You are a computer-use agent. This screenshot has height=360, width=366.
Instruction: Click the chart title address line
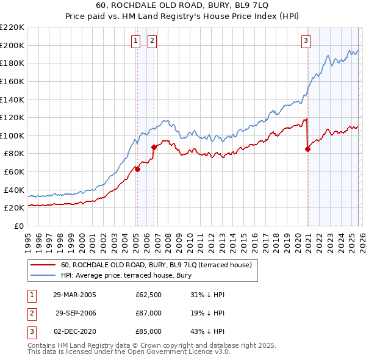click(183, 5)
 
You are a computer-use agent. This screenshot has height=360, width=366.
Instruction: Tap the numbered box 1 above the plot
click(135, 41)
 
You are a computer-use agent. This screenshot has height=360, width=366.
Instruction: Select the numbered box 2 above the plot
click(151, 41)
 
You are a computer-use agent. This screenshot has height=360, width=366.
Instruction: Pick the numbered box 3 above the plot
click(306, 41)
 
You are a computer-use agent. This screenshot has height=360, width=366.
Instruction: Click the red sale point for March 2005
click(137, 170)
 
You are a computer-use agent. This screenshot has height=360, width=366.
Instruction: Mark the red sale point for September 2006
click(154, 147)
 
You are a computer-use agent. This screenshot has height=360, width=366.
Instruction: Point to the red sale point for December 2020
click(307, 149)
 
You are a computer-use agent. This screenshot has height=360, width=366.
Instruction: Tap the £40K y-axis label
click(14, 190)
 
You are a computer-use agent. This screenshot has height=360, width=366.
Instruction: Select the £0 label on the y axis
click(19, 226)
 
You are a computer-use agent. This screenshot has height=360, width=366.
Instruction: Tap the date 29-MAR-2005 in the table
click(74, 294)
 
